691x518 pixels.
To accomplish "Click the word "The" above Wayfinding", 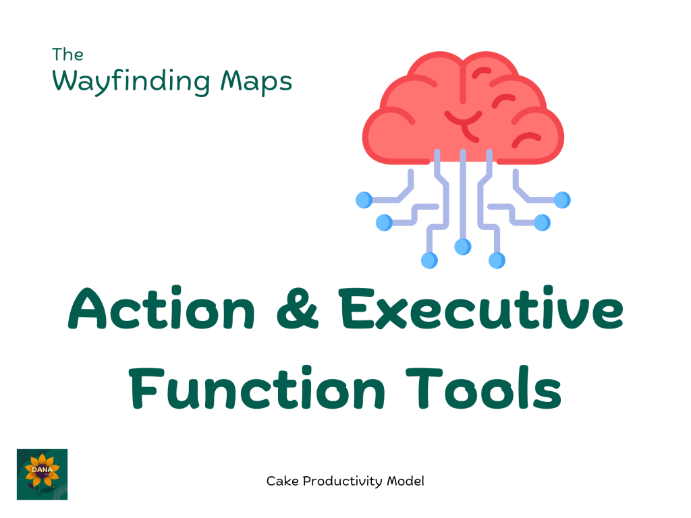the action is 67,55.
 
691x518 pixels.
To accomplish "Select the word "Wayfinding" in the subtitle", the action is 132,82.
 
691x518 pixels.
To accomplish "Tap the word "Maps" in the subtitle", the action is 256,82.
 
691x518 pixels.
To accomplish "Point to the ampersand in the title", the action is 298,308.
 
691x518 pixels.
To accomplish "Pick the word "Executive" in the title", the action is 481,308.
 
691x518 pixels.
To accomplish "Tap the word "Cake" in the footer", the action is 282,481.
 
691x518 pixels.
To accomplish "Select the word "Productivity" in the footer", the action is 342,482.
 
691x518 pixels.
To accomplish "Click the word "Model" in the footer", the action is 406,481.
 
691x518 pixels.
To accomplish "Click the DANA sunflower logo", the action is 43,474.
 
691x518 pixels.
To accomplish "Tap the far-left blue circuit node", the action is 364,200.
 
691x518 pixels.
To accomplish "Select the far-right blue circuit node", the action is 562,200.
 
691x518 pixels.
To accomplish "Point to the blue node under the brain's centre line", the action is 463,247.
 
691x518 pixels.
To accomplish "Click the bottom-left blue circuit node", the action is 429,260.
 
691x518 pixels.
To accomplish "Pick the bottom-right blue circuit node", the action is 497,260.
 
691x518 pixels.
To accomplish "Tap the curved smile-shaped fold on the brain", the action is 463,118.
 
